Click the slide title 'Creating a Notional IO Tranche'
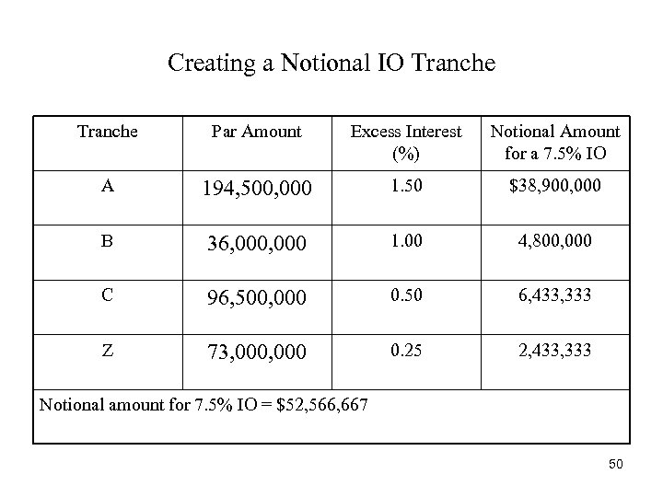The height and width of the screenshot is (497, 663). pos(331,64)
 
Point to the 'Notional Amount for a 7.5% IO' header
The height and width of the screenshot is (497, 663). pos(555,142)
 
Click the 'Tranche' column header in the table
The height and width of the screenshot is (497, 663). pos(108,132)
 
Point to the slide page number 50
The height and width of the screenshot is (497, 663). pos(615,465)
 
